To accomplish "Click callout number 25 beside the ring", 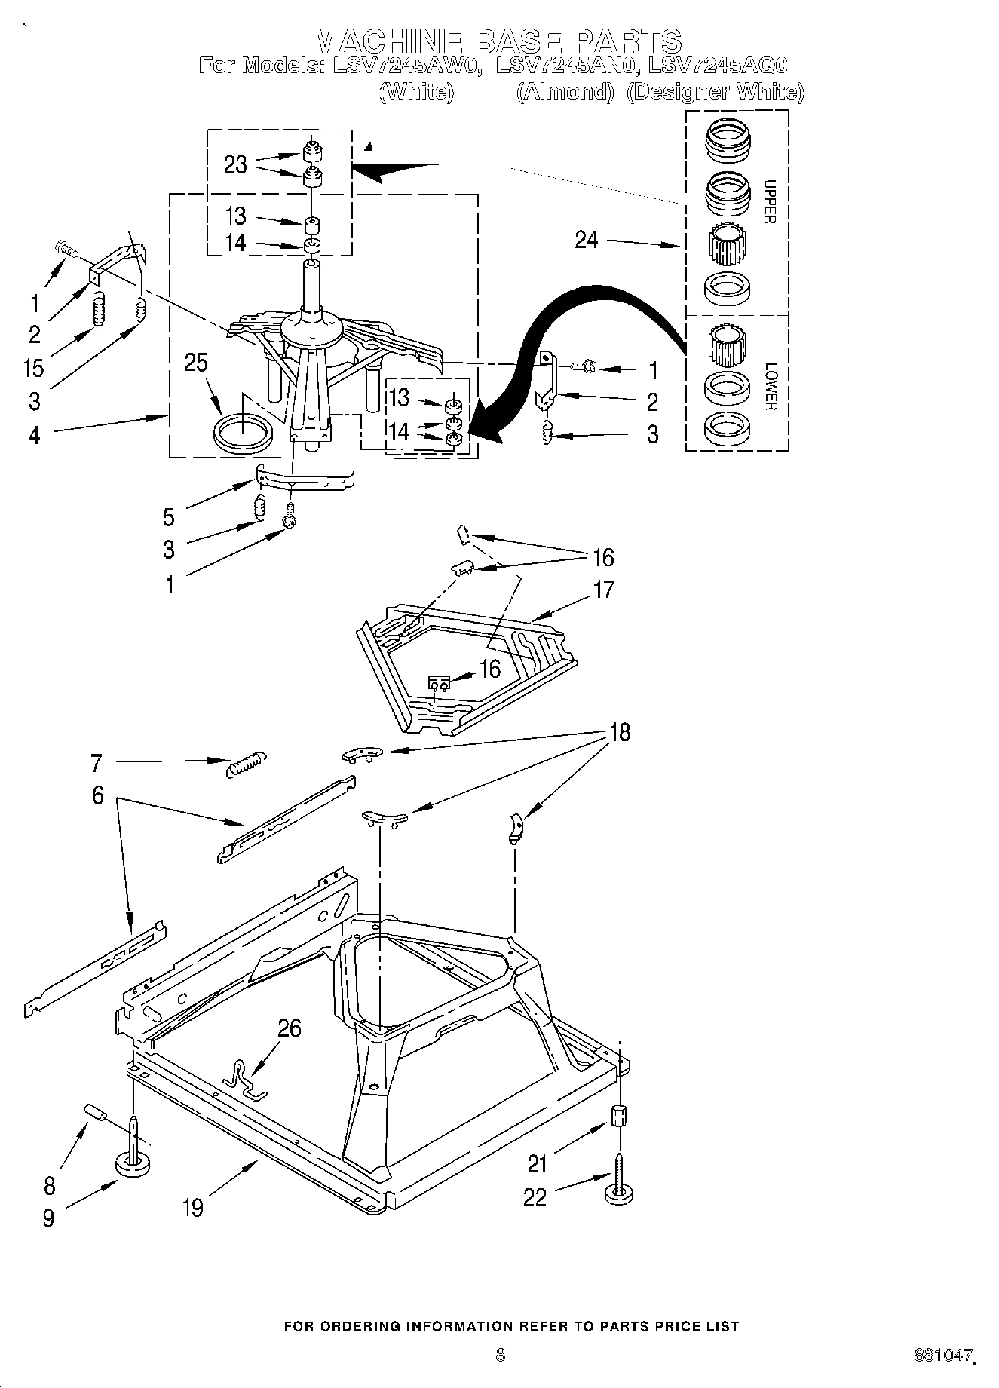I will tap(195, 363).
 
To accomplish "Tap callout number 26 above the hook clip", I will tap(290, 1028).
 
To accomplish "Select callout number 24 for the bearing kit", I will tap(586, 240).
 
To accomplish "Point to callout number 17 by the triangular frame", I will tap(603, 589).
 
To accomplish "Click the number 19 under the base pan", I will tap(193, 1207).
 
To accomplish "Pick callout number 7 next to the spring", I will tap(96, 763).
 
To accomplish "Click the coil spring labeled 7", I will tap(246, 763).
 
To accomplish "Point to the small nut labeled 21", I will tap(618, 1115).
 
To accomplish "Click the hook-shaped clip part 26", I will tap(246, 1080).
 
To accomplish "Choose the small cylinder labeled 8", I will tap(96, 1112).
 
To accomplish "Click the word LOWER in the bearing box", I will tap(770, 387).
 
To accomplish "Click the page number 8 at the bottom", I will tap(499, 1355).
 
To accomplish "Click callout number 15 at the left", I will tap(34, 368).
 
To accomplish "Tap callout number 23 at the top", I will tap(235, 164).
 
